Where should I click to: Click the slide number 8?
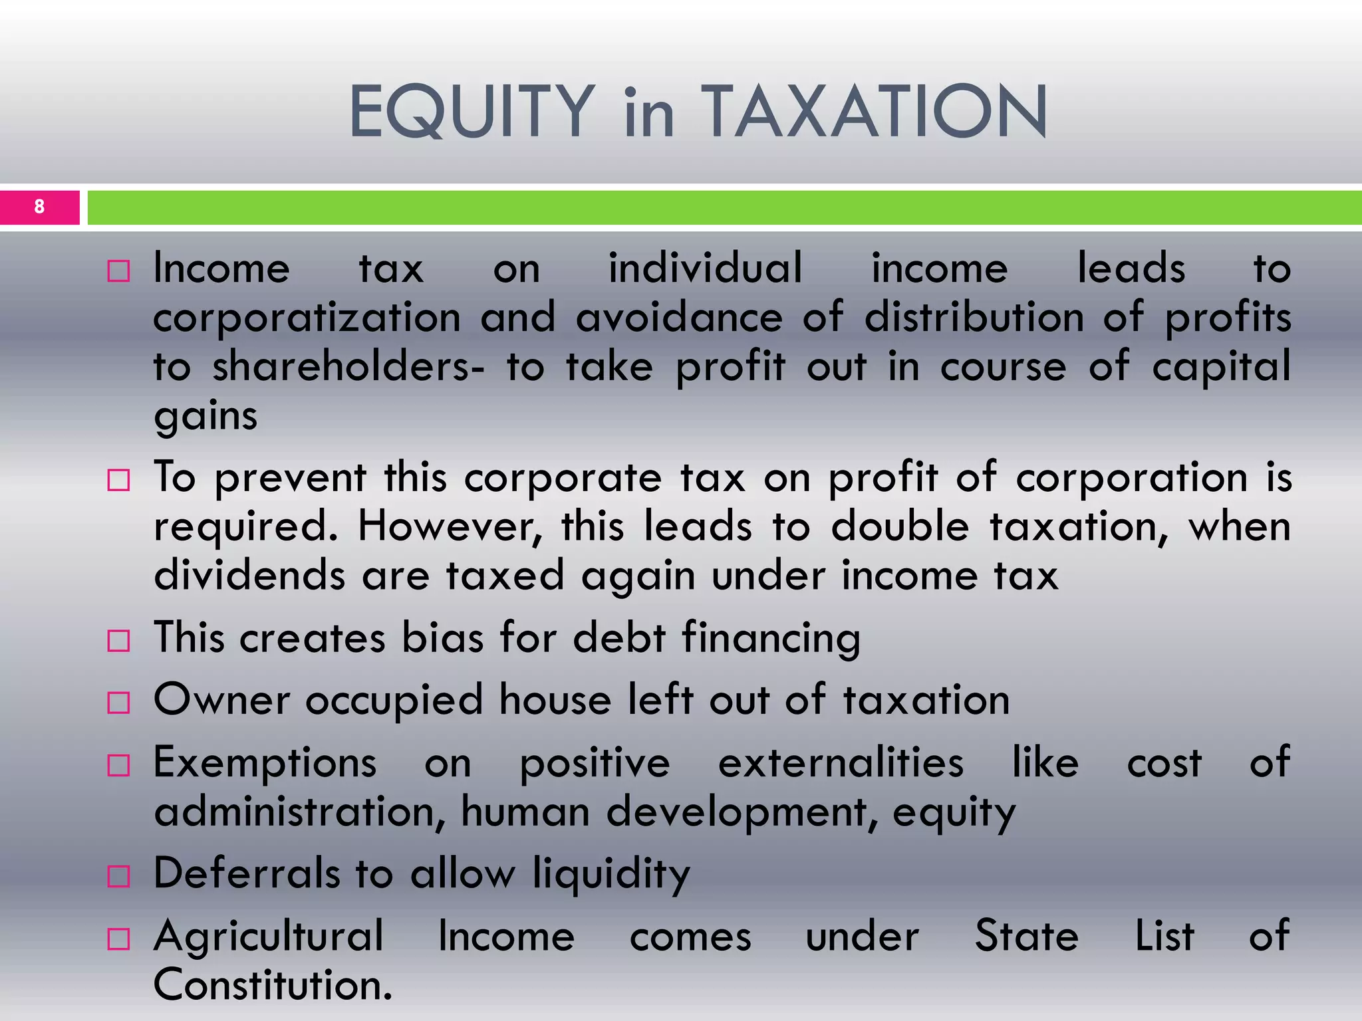(39, 207)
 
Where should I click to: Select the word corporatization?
(307, 317)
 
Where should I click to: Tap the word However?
(450, 526)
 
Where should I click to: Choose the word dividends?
(249, 575)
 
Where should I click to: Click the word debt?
(618, 637)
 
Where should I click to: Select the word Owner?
(221, 700)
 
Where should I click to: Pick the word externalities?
(841, 762)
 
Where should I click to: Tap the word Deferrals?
(247, 873)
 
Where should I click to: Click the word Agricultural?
(269, 936)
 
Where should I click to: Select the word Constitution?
(273, 985)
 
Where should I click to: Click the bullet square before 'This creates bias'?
(118, 641)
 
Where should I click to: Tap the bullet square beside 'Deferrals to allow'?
(118, 876)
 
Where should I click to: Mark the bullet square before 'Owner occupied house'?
(118, 703)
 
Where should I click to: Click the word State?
(1026, 936)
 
